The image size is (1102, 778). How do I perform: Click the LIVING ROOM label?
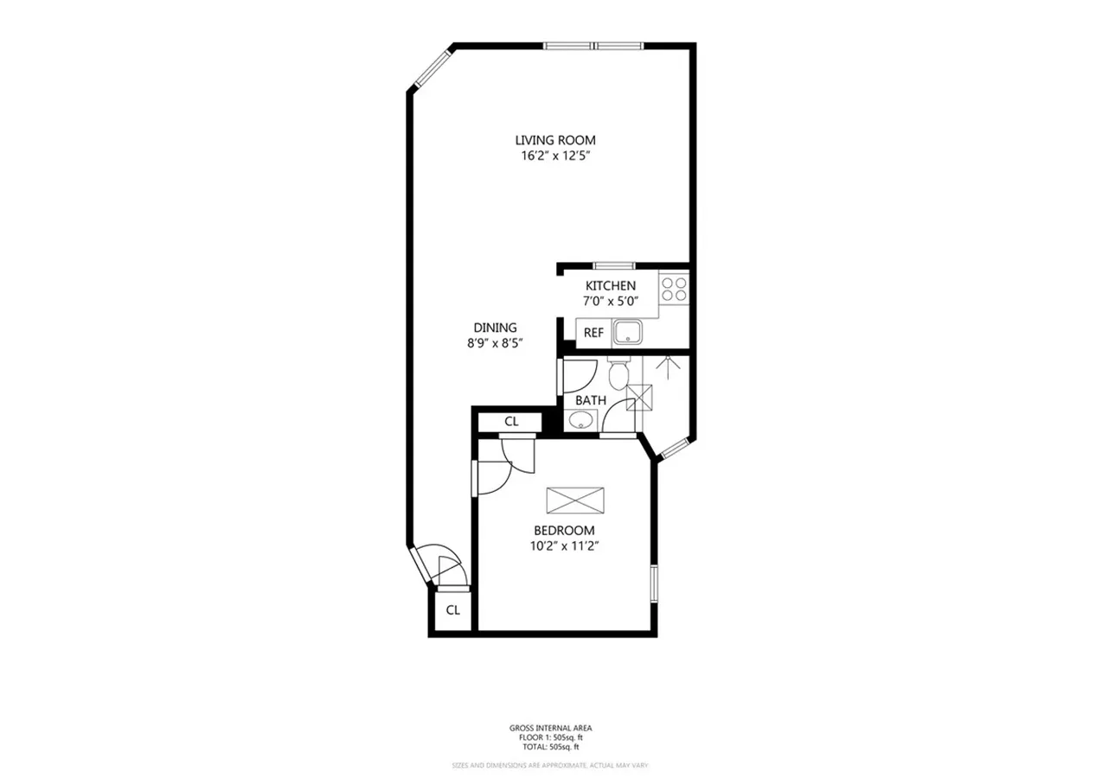pyautogui.click(x=554, y=140)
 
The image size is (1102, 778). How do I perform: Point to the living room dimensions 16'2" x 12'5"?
pyautogui.click(x=554, y=156)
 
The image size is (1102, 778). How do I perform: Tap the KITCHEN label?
pyautogui.click(x=610, y=286)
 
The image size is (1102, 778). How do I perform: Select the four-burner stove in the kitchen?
pyautogui.click(x=674, y=289)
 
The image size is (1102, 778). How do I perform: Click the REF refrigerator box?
pyautogui.click(x=593, y=333)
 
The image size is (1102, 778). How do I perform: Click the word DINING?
pyautogui.click(x=495, y=328)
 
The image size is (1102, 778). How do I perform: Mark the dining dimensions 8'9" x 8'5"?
pyautogui.click(x=495, y=343)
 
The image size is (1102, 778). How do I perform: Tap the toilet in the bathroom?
pyautogui.click(x=618, y=373)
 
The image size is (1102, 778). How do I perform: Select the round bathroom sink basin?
pyautogui.click(x=580, y=421)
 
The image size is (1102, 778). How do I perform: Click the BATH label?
pyautogui.click(x=590, y=400)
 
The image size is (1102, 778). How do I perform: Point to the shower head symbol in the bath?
pyautogui.click(x=666, y=364)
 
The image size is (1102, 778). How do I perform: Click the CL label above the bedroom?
pyautogui.click(x=510, y=422)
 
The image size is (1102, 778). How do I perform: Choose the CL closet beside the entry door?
pyautogui.click(x=452, y=610)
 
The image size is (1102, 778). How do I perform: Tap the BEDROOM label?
pyautogui.click(x=563, y=531)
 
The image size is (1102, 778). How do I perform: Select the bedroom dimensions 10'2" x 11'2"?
pyautogui.click(x=563, y=546)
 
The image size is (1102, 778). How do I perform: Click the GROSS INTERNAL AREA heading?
pyautogui.click(x=550, y=729)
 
